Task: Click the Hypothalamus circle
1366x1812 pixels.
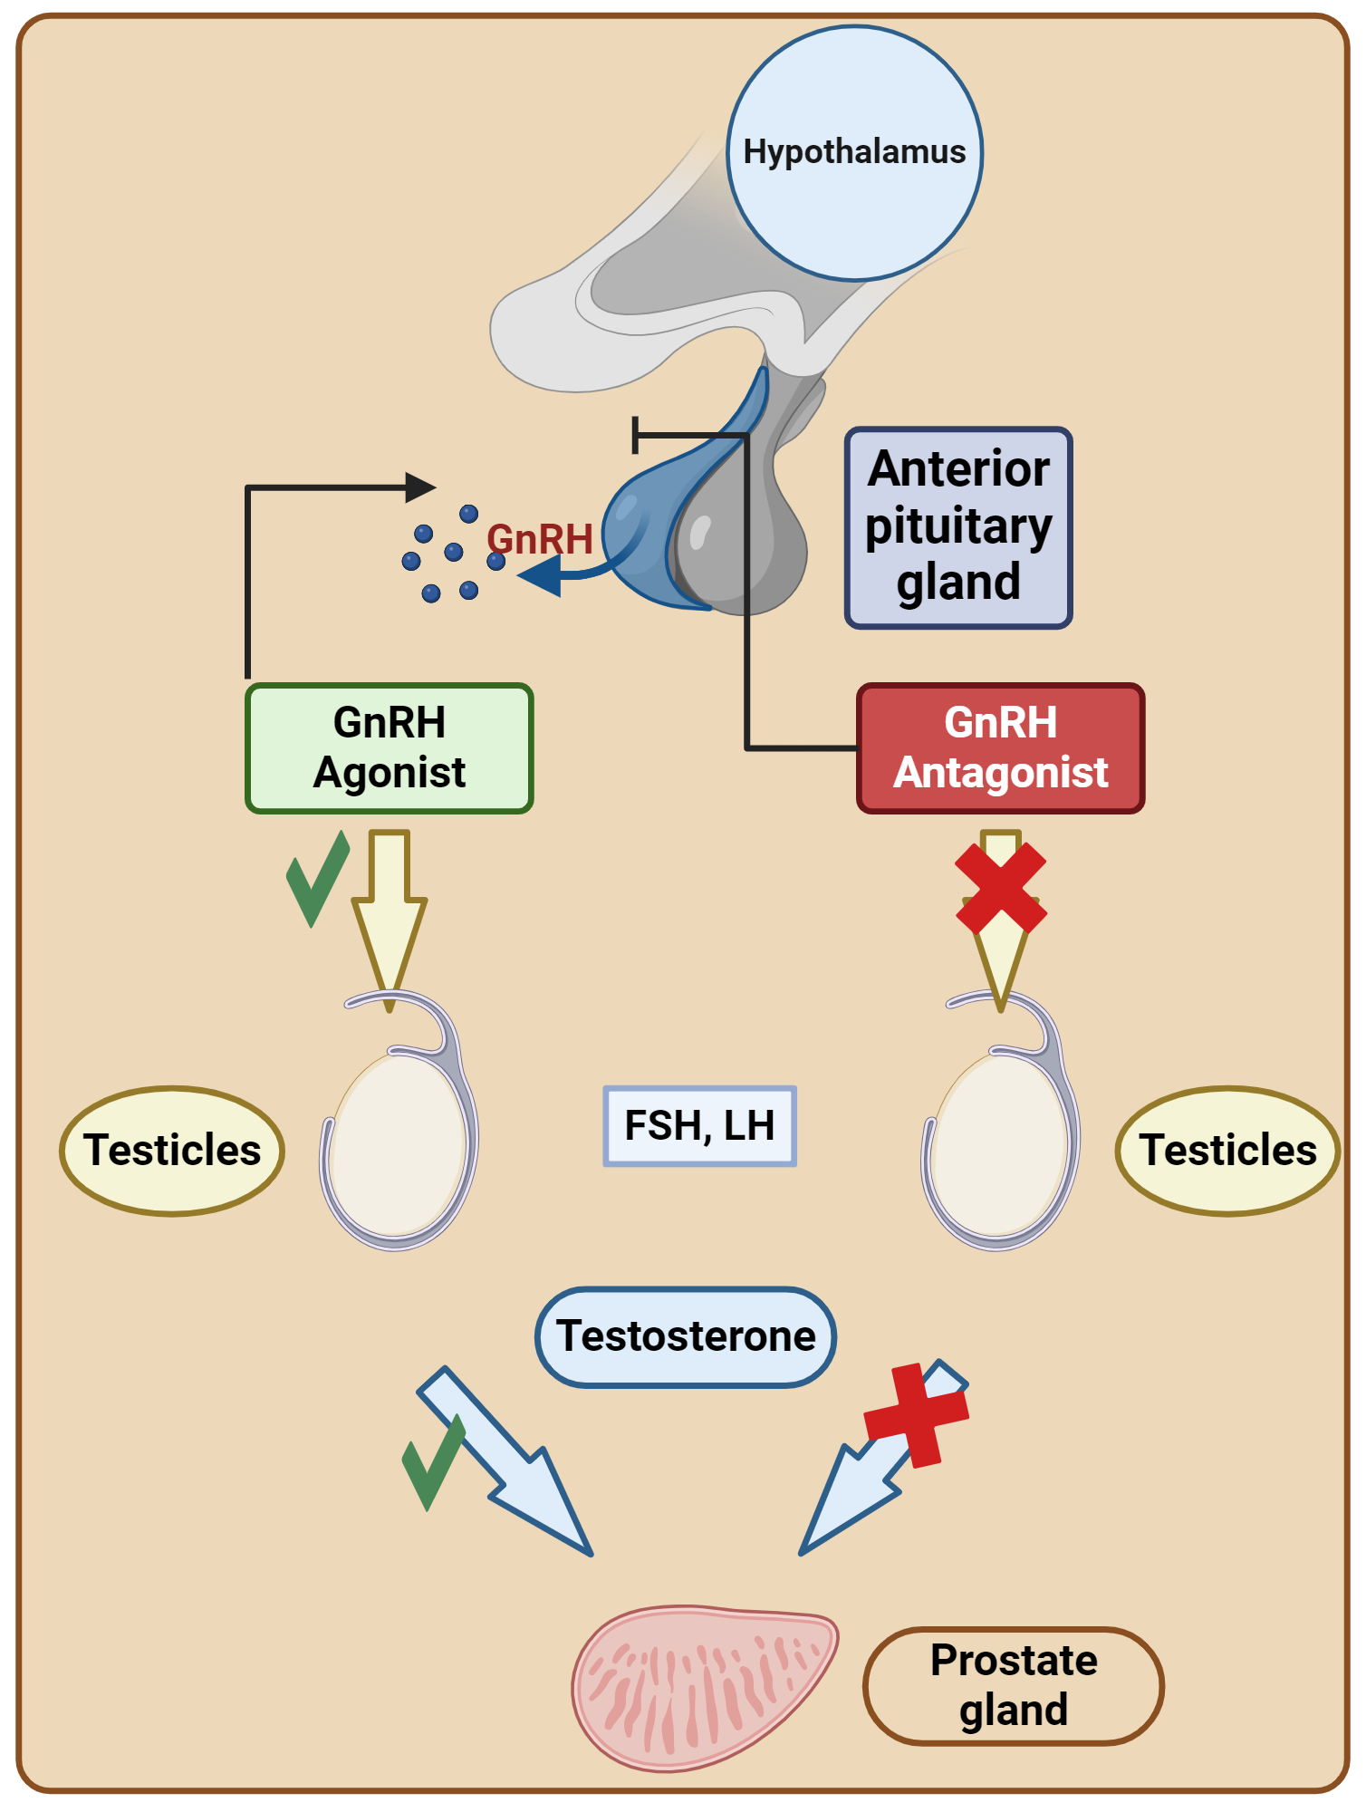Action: pos(854,152)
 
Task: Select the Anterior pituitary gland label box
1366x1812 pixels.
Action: pos(958,527)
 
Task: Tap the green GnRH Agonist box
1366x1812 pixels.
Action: pos(390,748)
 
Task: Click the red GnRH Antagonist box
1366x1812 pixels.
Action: pos(1000,748)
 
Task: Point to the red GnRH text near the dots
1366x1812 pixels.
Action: pos(540,539)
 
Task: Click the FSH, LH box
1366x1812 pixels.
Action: pos(699,1126)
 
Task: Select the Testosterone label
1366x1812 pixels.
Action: pos(686,1336)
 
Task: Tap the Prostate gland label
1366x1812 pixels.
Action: pos(1013,1685)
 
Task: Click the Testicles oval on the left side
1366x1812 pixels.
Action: pos(172,1150)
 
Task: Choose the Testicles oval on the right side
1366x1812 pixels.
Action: pos(1227,1150)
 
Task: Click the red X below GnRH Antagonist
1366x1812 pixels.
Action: pos(1001,889)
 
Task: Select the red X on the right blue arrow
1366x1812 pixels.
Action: pos(917,1415)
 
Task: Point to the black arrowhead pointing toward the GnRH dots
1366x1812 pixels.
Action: pos(418,487)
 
